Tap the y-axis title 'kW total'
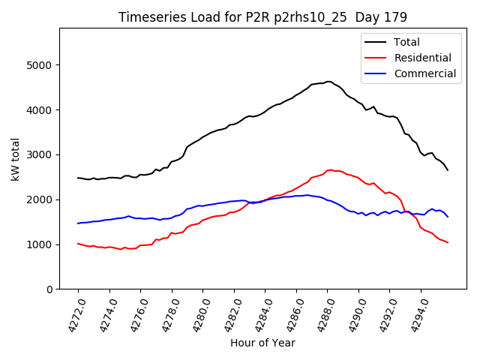click(x=16, y=158)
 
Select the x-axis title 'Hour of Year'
click(x=262, y=343)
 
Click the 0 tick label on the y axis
click(x=50, y=289)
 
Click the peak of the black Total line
click(x=328, y=82)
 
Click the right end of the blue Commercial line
click(x=448, y=217)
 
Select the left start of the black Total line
click(x=78, y=178)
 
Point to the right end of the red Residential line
click(x=448, y=242)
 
